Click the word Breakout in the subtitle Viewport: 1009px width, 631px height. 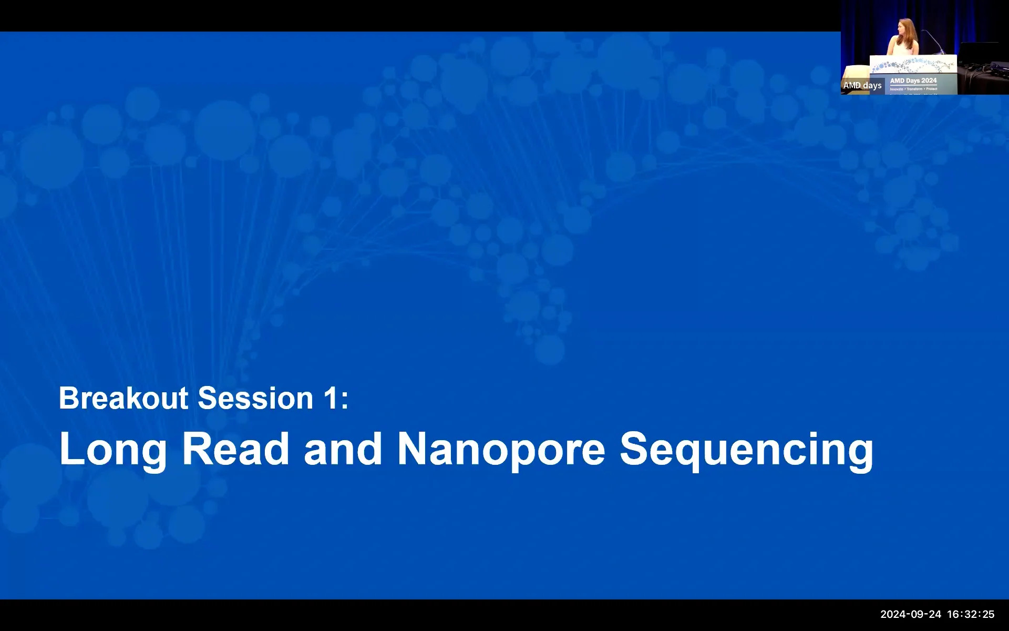123,398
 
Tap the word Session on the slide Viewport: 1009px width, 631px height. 255,398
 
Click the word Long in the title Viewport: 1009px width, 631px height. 113,450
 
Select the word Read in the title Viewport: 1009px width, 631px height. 235,449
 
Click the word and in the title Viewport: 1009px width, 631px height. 343,449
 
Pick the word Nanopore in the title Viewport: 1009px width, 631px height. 501,450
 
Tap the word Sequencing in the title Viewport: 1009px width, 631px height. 746,450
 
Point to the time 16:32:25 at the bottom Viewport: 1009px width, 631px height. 971,614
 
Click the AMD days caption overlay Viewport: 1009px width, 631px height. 862,85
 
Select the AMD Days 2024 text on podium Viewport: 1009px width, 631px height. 913,80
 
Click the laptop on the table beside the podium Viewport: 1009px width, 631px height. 979,53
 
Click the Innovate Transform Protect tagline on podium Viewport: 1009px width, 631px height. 913,89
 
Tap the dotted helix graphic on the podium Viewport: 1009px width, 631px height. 913,65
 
